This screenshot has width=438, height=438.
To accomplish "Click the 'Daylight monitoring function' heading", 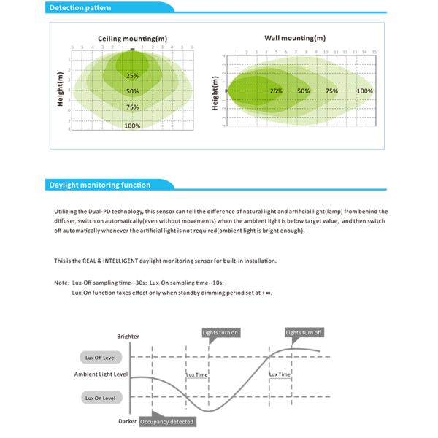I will [100, 185].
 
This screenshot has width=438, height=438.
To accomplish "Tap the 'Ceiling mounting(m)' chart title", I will [132, 38].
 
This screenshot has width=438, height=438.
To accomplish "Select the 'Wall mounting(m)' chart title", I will [295, 37].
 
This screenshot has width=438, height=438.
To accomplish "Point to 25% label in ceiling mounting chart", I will [132, 76].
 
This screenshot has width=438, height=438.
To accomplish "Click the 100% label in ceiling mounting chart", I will [132, 126].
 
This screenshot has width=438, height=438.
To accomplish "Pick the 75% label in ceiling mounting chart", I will [132, 107].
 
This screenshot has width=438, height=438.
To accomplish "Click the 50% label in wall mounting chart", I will [304, 91].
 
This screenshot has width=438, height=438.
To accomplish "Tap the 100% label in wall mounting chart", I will [365, 91].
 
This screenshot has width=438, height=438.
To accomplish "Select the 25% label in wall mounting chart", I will [276, 91].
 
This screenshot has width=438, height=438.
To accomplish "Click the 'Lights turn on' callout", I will [220, 333].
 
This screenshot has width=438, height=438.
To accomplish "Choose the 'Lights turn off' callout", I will [304, 333].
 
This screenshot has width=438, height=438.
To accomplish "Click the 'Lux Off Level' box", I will [101, 358].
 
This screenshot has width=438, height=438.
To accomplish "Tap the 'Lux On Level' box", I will [101, 398].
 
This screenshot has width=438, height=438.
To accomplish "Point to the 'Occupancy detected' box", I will [167, 422].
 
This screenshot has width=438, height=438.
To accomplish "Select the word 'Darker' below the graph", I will [128, 421].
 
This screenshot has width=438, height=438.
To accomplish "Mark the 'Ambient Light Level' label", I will [101, 374].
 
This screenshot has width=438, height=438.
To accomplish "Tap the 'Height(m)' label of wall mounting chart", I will [215, 93].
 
